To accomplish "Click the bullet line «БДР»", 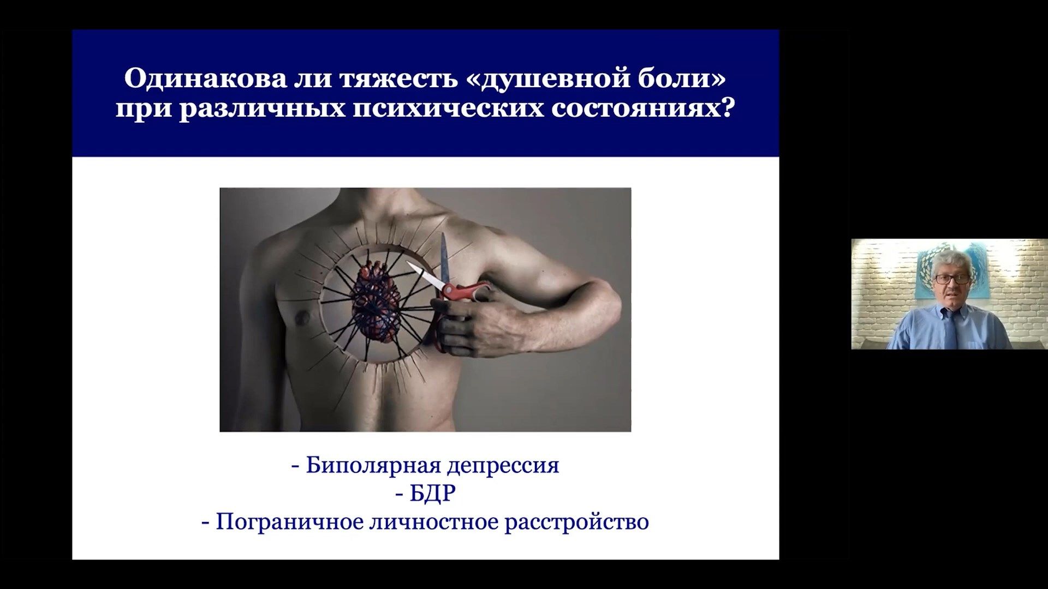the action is pyautogui.click(x=425, y=494).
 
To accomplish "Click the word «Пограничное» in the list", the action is pyautogui.click(x=290, y=522).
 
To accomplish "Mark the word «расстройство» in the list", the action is pyautogui.click(x=577, y=523).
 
